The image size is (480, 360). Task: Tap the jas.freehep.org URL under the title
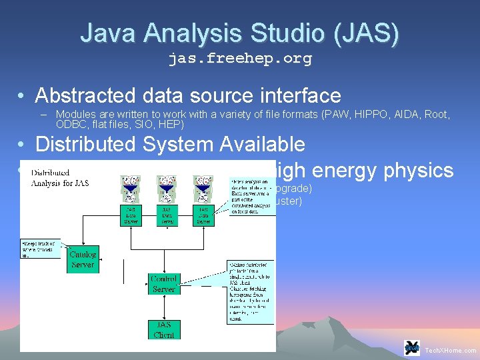pyautogui.click(x=239, y=59)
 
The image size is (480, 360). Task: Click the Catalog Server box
pyautogui.click(x=83, y=259)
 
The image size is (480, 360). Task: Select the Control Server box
pyautogui.click(x=163, y=283)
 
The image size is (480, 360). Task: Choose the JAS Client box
pyautogui.click(x=163, y=329)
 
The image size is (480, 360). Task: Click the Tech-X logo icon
pyautogui.click(x=412, y=348)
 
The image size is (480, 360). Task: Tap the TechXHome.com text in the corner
pyautogui.click(x=451, y=350)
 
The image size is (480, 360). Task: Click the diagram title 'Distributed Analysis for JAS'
pyautogui.click(x=59, y=177)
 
